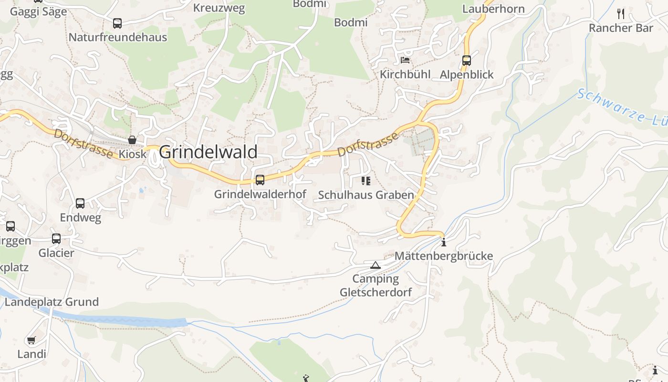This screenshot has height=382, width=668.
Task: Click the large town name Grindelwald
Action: click(208, 152)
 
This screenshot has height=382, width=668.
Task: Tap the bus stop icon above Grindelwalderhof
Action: click(260, 180)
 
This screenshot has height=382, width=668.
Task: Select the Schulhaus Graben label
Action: click(366, 195)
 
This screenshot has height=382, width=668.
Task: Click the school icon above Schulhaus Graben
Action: click(366, 180)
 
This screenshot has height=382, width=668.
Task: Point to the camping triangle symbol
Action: click(376, 265)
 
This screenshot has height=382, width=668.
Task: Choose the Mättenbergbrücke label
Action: click(444, 256)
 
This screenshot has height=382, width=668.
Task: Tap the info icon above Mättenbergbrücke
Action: click(444, 242)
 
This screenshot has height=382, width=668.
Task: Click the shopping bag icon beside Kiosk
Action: click(132, 140)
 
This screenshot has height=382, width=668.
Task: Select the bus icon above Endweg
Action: click(80, 203)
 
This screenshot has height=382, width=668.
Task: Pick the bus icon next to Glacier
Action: click(56, 238)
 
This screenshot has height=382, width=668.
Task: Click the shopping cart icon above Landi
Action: click(31, 340)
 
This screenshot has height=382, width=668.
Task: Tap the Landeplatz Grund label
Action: click(52, 302)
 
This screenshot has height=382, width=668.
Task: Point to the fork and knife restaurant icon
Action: click(621, 13)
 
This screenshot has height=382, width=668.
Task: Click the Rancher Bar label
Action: click(621, 28)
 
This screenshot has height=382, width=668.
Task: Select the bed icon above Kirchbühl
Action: click(405, 60)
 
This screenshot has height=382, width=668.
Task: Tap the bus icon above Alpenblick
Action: click(467, 61)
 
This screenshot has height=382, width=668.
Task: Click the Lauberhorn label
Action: click(493, 9)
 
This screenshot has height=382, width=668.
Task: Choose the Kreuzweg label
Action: click(219, 8)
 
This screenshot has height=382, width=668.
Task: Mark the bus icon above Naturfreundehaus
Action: click(117, 23)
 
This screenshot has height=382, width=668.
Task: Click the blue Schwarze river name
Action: click(620, 108)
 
